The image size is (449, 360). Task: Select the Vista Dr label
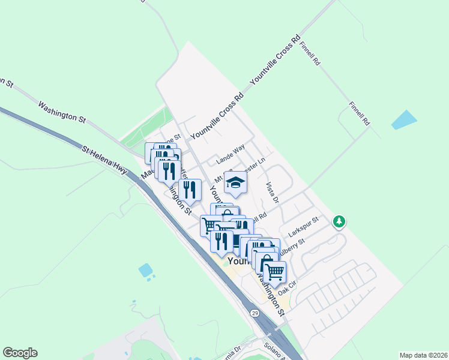(272, 192)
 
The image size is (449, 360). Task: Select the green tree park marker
(340, 222)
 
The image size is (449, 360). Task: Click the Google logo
(20, 353)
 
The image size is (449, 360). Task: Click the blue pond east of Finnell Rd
(404, 120)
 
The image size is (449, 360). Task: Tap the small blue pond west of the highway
(146, 271)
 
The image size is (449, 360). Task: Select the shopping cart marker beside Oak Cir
(275, 271)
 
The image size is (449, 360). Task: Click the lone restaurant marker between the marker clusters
(190, 190)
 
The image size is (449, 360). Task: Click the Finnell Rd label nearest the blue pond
(360, 113)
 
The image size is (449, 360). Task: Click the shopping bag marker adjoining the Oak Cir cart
(265, 262)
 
